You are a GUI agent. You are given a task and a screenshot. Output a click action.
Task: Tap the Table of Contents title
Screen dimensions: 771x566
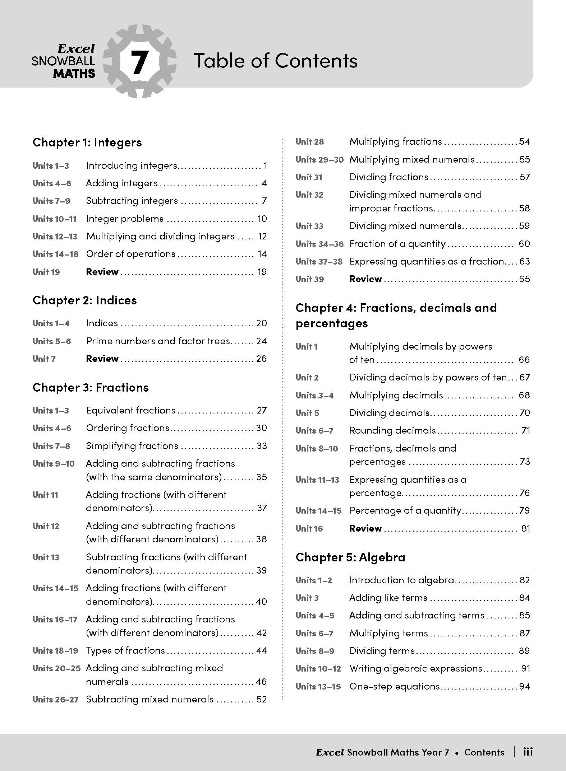coord(276,60)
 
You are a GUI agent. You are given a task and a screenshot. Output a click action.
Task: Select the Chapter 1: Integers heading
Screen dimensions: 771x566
coord(87,142)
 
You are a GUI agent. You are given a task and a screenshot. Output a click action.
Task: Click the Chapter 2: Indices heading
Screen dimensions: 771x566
coord(84,300)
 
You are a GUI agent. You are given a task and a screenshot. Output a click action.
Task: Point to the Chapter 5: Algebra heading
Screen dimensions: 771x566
coord(350,557)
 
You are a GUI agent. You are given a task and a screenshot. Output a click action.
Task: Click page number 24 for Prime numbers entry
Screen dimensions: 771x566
coord(261,341)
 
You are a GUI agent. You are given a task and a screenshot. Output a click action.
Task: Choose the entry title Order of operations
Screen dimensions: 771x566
coord(130,254)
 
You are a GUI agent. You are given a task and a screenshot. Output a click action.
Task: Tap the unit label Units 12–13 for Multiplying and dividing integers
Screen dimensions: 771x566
coord(55,237)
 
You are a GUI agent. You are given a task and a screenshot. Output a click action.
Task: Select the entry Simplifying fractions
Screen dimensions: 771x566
coord(132,446)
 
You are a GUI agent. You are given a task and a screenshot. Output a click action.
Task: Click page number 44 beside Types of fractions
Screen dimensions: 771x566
coord(261,650)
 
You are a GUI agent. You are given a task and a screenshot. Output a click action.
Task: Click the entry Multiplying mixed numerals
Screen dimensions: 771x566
coord(412,159)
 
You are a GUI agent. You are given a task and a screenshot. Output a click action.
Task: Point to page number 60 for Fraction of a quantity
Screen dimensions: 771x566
coord(524,244)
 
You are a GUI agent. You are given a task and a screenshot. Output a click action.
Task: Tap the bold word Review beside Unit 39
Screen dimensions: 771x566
coord(365,279)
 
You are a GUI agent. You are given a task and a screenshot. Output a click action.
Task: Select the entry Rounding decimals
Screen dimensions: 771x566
coord(392,430)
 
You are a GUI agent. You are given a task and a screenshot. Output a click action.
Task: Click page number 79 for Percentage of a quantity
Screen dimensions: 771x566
coord(525,510)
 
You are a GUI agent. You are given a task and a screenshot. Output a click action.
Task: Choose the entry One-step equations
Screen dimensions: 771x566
coord(395,686)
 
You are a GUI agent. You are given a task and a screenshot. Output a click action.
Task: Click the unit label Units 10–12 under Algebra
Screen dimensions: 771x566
coord(318,669)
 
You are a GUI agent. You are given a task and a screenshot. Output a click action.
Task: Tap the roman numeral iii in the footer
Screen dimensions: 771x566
coord(528,752)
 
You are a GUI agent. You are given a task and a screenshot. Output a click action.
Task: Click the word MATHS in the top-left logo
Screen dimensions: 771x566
coord(74,74)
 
